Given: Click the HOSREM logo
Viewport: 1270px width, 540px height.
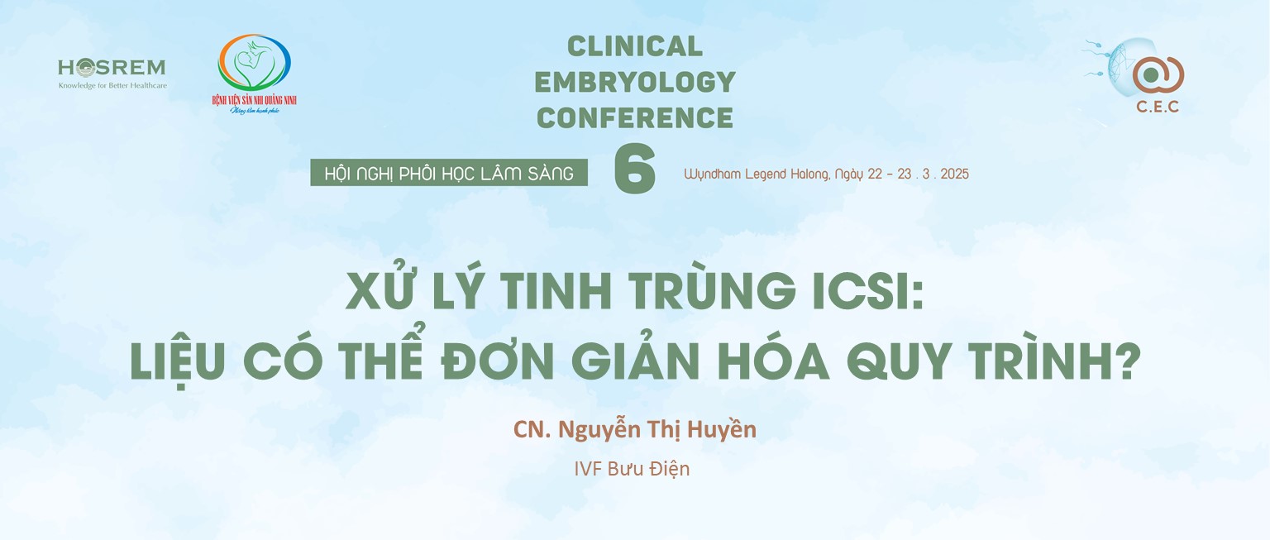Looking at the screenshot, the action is tap(112, 73).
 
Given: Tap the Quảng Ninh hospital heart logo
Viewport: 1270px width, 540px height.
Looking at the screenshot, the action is tap(255, 63).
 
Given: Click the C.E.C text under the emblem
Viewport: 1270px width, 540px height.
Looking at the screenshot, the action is tap(1158, 107).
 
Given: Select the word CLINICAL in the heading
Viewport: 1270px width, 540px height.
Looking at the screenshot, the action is tap(635, 46).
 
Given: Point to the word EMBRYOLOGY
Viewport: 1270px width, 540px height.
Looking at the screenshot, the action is tap(635, 82).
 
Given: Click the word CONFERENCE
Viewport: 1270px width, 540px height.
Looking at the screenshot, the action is tap(635, 118).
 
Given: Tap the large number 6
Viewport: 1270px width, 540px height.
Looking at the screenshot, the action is tap(635, 169).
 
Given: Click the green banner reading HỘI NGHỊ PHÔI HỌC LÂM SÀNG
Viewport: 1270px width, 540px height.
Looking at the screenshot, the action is tap(449, 173).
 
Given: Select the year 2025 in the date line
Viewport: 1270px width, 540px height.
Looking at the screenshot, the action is tap(955, 174).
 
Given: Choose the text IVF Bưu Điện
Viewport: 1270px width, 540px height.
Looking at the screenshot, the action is tap(633, 469).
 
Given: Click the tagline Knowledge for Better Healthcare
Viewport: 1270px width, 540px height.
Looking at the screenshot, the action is tap(112, 86).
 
